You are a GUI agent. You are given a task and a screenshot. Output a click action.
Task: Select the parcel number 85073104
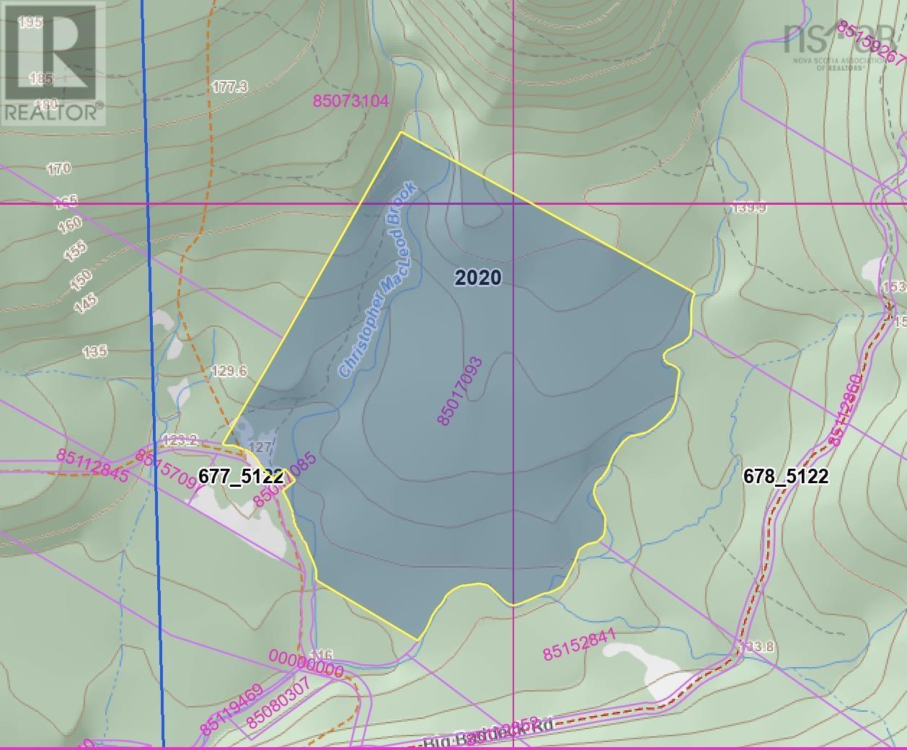tap(351, 101)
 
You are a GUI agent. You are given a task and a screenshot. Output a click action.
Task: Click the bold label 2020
tap(478, 278)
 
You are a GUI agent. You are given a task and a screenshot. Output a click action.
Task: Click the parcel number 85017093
tap(459, 390)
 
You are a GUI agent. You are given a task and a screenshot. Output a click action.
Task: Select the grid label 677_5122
tap(241, 477)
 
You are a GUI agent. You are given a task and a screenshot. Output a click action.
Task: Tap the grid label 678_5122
tap(785, 477)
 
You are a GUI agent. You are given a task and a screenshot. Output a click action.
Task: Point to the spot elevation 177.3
tap(230, 87)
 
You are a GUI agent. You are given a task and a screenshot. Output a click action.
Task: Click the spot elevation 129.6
tap(229, 371)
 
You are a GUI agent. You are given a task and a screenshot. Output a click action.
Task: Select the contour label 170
tap(58, 169)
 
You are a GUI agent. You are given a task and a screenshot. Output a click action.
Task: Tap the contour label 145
tap(85, 302)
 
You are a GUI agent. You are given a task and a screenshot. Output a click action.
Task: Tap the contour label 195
tap(30, 22)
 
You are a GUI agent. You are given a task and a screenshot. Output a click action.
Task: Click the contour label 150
tap(81, 280)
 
